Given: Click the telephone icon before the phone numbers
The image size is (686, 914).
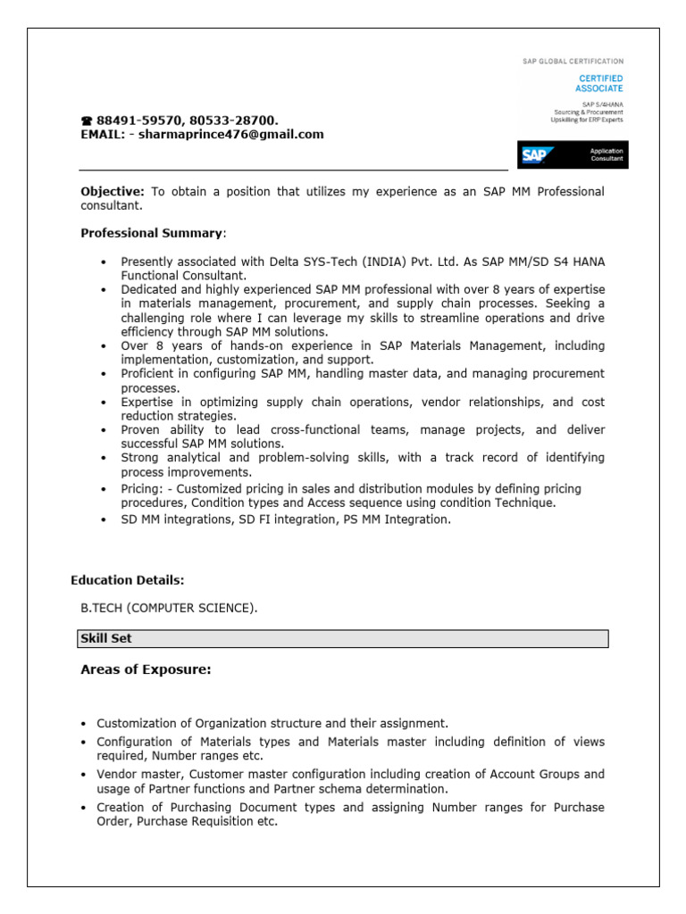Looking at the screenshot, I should (x=87, y=120).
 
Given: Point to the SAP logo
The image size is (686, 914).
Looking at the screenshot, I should (x=536, y=155).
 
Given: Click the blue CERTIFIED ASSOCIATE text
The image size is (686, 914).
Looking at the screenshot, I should (x=598, y=84).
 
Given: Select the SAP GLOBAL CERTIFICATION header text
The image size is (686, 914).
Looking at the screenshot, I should (x=573, y=62).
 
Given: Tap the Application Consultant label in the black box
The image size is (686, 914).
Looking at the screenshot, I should (x=606, y=155).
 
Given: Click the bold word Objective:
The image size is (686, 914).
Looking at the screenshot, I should (x=113, y=192).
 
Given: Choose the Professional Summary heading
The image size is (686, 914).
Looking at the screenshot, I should (x=152, y=233).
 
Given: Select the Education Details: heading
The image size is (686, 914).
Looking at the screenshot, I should (x=127, y=580).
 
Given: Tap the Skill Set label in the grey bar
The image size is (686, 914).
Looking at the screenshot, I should (x=106, y=639).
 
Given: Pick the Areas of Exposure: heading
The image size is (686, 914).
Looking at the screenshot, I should (x=146, y=669).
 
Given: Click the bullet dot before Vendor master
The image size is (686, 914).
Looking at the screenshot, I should (x=84, y=775).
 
